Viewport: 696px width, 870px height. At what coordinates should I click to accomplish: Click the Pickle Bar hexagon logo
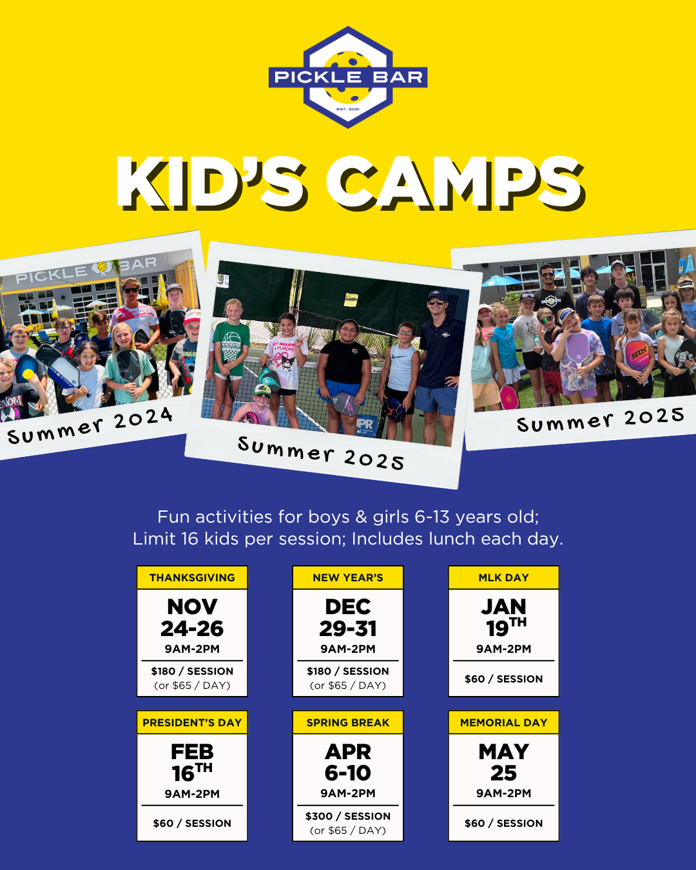pyautogui.click(x=348, y=77)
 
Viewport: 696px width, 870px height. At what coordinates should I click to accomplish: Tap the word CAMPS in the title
pyautogui.click(x=456, y=184)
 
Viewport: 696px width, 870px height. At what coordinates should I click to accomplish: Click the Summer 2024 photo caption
pyautogui.click(x=90, y=425)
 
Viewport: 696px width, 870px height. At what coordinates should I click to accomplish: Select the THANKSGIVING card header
pyautogui.click(x=192, y=577)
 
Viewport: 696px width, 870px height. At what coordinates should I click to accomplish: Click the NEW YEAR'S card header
pyautogui.click(x=348, y=577)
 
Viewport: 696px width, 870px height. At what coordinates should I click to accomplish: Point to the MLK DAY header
pyautogui.click(x=503, y=577)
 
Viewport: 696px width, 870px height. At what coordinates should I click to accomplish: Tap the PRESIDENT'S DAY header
pyautogui.click(x=192, y=722)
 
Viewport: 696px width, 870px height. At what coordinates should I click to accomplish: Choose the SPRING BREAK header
pyautogui.click(x=348, y=722)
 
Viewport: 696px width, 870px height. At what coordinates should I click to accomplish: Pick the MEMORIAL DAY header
pyautogui.click(x=503, y=722)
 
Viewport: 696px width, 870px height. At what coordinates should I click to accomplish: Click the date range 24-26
pyautogui.click(x=192, y=628)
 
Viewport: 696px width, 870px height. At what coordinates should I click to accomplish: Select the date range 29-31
pyautogui.click(x=348, y=628)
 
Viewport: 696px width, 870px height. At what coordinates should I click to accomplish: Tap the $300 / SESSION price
pyautogui.click(x=348, y=817)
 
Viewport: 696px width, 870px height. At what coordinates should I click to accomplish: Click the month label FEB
pyautogui.click(x=192, y=752)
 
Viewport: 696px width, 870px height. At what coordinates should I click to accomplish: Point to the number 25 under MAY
pyautogui.click(x=503, y=773)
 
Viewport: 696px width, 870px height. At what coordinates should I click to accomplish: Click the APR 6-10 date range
pyautogui.click(x=348, y=762)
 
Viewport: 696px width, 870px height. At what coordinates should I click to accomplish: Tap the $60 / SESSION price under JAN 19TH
pyautogui.click(x=503, y=679)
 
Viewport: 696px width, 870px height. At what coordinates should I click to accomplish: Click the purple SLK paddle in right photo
pyautogui.click(x=638, y=355)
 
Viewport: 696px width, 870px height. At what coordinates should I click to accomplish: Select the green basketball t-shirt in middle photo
pyautogui.click(x=231, y=347)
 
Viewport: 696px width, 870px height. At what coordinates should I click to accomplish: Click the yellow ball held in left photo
pyautogui.click(x=28, y=374)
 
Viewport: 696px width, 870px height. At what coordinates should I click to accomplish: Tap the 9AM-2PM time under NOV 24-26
pyautogui.click(x=192, y=649)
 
